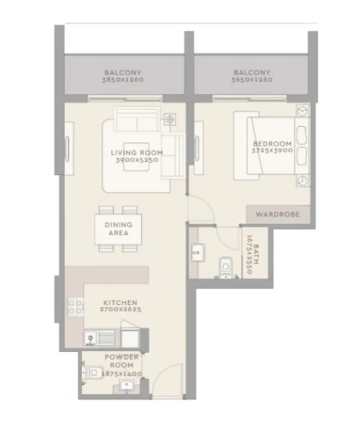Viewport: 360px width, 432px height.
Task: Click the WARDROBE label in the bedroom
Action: (x=277, y=214)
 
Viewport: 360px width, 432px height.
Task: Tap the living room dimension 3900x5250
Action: (x=136, y=160)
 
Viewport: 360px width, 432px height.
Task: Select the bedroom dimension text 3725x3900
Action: (x=272, y=150)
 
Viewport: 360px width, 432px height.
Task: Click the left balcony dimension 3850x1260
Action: (x=122, y=79)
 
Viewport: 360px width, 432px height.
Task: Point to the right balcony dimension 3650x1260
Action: (x=252, y=79)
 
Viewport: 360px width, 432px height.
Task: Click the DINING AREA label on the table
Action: (x=118, y=229)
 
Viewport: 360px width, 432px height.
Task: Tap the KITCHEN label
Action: (x=120, y=302)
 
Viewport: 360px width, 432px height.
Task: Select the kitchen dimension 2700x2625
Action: (x=120, y=309)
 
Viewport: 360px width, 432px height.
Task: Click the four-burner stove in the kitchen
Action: (x=75, y=306)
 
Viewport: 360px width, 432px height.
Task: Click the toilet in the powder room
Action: (x=93, y=372)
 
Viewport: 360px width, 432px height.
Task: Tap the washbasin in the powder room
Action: (x=126, y=386)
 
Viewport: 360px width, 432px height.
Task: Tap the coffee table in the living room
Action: (x=136, y=157)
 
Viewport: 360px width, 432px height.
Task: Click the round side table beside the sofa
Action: (x=170, y=119)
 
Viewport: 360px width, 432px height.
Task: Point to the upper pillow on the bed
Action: (x=302, y=135)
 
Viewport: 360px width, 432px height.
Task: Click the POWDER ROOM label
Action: (x=121, y=361)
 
